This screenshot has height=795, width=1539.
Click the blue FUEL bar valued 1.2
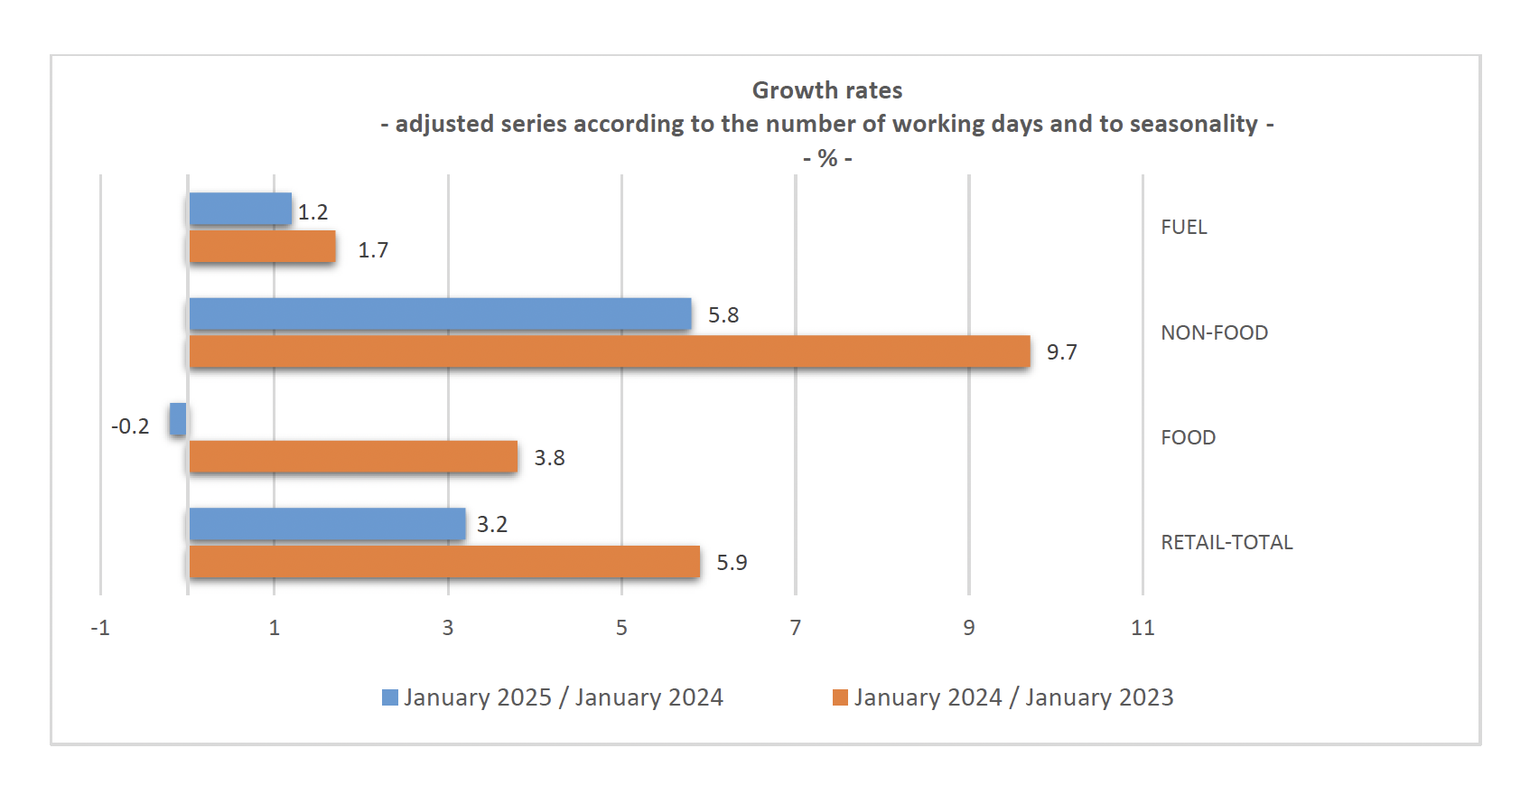tap(240, 209)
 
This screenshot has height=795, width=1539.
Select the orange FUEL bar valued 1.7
tap(262, 247)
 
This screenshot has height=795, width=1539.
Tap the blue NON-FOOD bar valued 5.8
tap(440, 313)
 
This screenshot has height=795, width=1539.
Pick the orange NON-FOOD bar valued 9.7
tap(610, 351)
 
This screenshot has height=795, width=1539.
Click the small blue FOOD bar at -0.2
tap(178, 419)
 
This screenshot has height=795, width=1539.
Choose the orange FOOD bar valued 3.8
tap(353, 456)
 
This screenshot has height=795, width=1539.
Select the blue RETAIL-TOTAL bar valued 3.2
tap(327, 524)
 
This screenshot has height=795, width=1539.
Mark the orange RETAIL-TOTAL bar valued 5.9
tap(444, 562)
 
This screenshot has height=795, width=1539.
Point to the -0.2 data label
tap(130, 426)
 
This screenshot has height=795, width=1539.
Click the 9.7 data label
tap(1061, 352)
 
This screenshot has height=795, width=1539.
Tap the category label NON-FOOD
tap(1214, 332)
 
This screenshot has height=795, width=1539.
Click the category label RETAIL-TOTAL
tap(1227, 542)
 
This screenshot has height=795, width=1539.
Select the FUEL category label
tap(1183, 227)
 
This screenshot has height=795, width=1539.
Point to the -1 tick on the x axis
tap(100, 628)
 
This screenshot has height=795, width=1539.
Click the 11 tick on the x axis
tap(1143, 628)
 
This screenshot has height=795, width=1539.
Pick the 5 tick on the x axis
tap(621, 628)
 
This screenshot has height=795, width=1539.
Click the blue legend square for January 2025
tap(390, 697)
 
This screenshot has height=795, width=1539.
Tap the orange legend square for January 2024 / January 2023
tap(840, 697)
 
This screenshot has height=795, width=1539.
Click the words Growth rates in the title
tap(827, 90)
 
